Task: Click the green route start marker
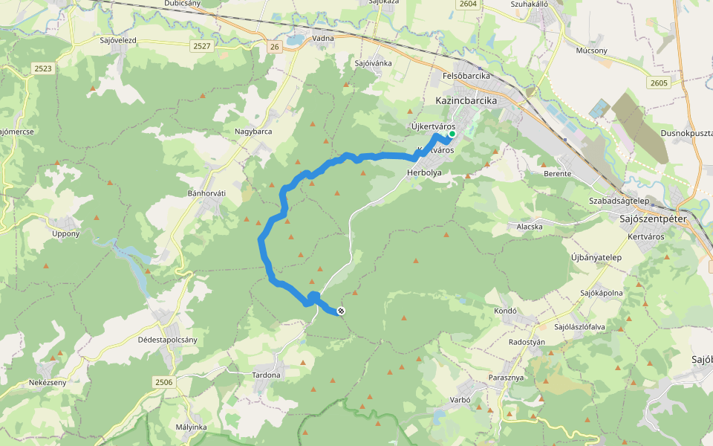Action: pos(452,135)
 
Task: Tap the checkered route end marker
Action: pos(341,311)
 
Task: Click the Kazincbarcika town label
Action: pos(465,101)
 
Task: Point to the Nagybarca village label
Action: pos(253,132)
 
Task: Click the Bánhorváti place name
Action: pos(206,193)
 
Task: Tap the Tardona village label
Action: pos(266,375)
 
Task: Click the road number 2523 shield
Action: pos(43,68)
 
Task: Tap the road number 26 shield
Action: pos(275,47)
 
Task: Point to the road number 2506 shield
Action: pos(164,381)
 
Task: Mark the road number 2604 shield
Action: pos(468,4)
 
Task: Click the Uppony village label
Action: pos(65,234)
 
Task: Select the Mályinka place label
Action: pos(192,427)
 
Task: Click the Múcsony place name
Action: pos(592,51)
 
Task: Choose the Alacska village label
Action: pos(530,226)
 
